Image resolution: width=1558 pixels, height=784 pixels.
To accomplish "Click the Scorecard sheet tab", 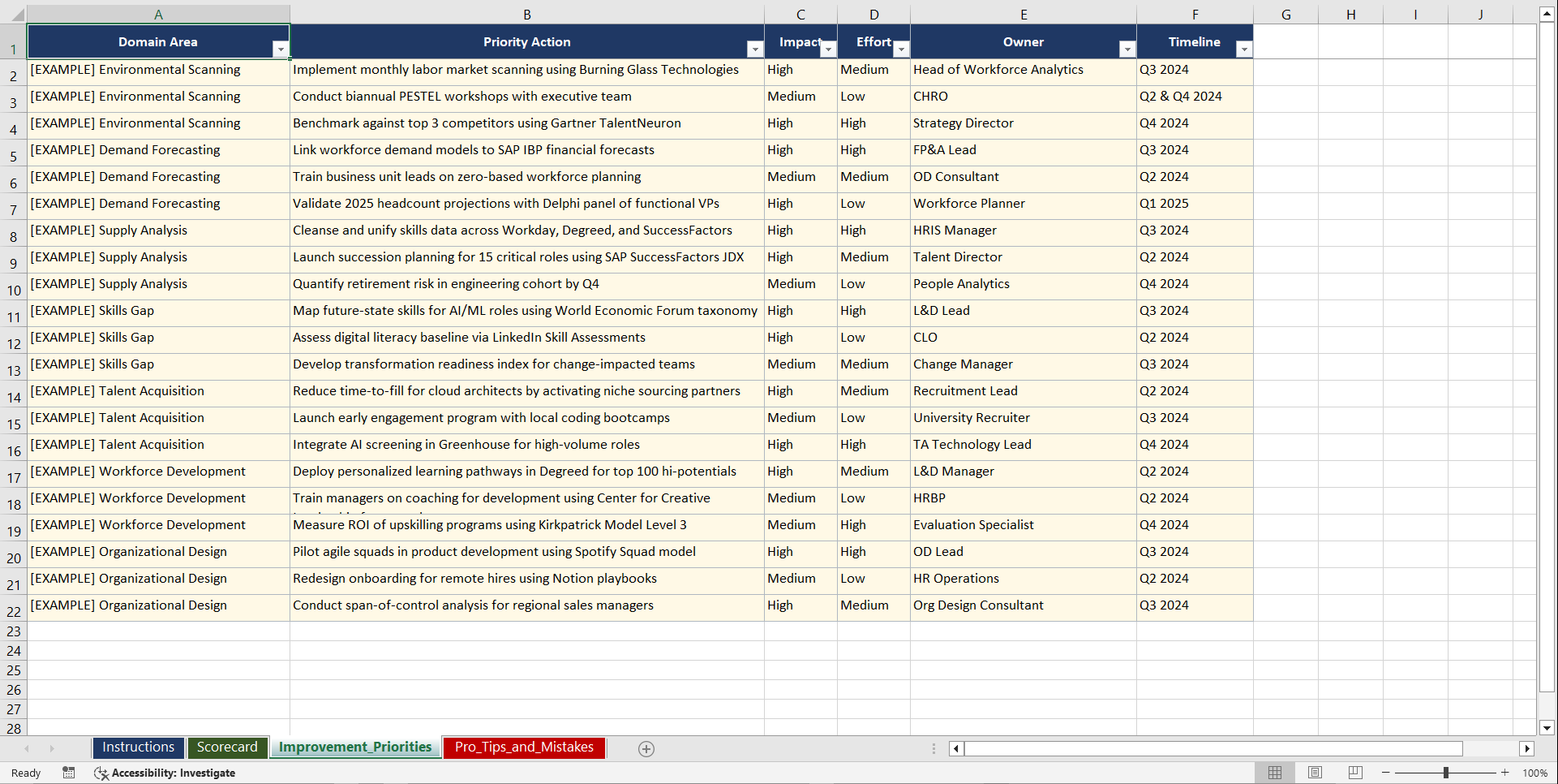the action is click(x=227, y=747).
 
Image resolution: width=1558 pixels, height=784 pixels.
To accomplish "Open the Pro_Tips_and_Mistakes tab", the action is click(x=524, y=747).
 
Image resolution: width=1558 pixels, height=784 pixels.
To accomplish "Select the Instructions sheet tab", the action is click(x=138, y=747).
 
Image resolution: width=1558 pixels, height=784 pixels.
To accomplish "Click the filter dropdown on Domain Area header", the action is click(x=280, y=50).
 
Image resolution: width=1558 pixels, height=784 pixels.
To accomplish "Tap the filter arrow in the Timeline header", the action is click(x=1243, y=50).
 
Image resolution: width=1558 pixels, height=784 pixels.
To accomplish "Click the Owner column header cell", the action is click(x=1023, y=42).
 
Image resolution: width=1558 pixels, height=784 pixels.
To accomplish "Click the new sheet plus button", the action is click(x=646, y=749).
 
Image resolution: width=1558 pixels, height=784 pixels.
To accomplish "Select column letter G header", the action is click(x=1285, y=15).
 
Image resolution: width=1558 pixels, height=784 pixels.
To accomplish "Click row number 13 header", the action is click(x=14, y=371).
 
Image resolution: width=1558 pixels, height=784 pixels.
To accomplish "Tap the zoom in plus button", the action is click(x=1505, y=773).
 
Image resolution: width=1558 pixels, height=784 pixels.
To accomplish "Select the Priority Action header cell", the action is click(x=526, y=42).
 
